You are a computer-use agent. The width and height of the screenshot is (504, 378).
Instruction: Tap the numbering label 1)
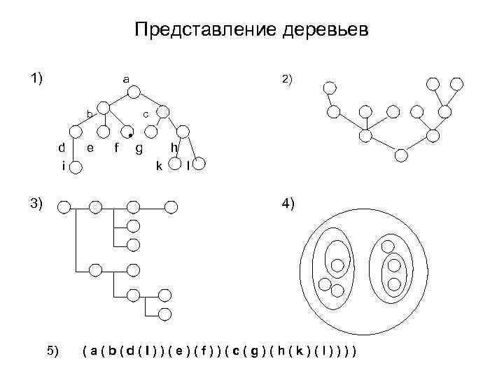[x=36, y=77]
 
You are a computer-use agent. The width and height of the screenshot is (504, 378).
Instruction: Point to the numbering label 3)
[x=36, y=204]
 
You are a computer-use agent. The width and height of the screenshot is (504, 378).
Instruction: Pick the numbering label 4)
[x=288, y=204]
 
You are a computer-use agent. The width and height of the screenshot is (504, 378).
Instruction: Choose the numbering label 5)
[x=53, y=349]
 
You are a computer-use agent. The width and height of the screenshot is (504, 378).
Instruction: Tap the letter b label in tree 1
[x=89, y=113]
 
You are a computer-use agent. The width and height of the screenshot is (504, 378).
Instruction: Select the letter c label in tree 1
[x=145, y=113]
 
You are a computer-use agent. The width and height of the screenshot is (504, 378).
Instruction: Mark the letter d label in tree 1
[x=62, y=148]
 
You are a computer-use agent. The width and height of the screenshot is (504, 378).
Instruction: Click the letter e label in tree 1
[x=90, y=148]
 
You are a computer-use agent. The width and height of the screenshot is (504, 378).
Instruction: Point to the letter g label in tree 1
[x=139, y=148]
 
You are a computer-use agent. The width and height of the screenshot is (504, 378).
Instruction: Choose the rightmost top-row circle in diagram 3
[x=172, y=206]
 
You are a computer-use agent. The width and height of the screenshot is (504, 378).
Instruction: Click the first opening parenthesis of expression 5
[x=85, y=349]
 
